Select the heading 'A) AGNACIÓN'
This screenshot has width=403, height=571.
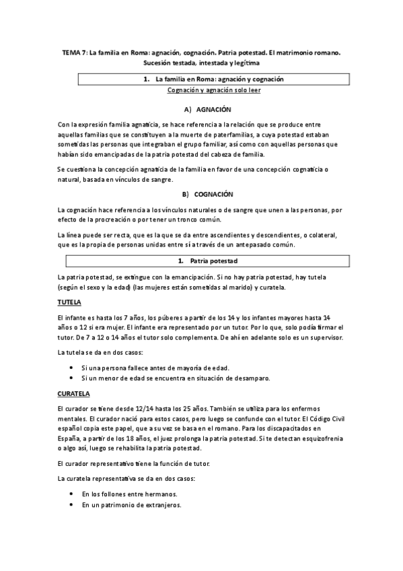coord(208,109)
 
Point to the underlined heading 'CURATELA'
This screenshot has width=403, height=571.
coord(74,393)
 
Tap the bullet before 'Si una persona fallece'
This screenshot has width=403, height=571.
coord(71,368)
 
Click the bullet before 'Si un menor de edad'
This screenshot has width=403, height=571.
coord(71,378)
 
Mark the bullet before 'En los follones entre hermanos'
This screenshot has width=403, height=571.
coord(71,494)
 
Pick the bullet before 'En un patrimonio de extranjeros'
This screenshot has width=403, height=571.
coord(71,504)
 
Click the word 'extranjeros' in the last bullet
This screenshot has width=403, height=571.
coord(163,504)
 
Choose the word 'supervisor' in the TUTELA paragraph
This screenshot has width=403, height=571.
coord(324,337)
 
